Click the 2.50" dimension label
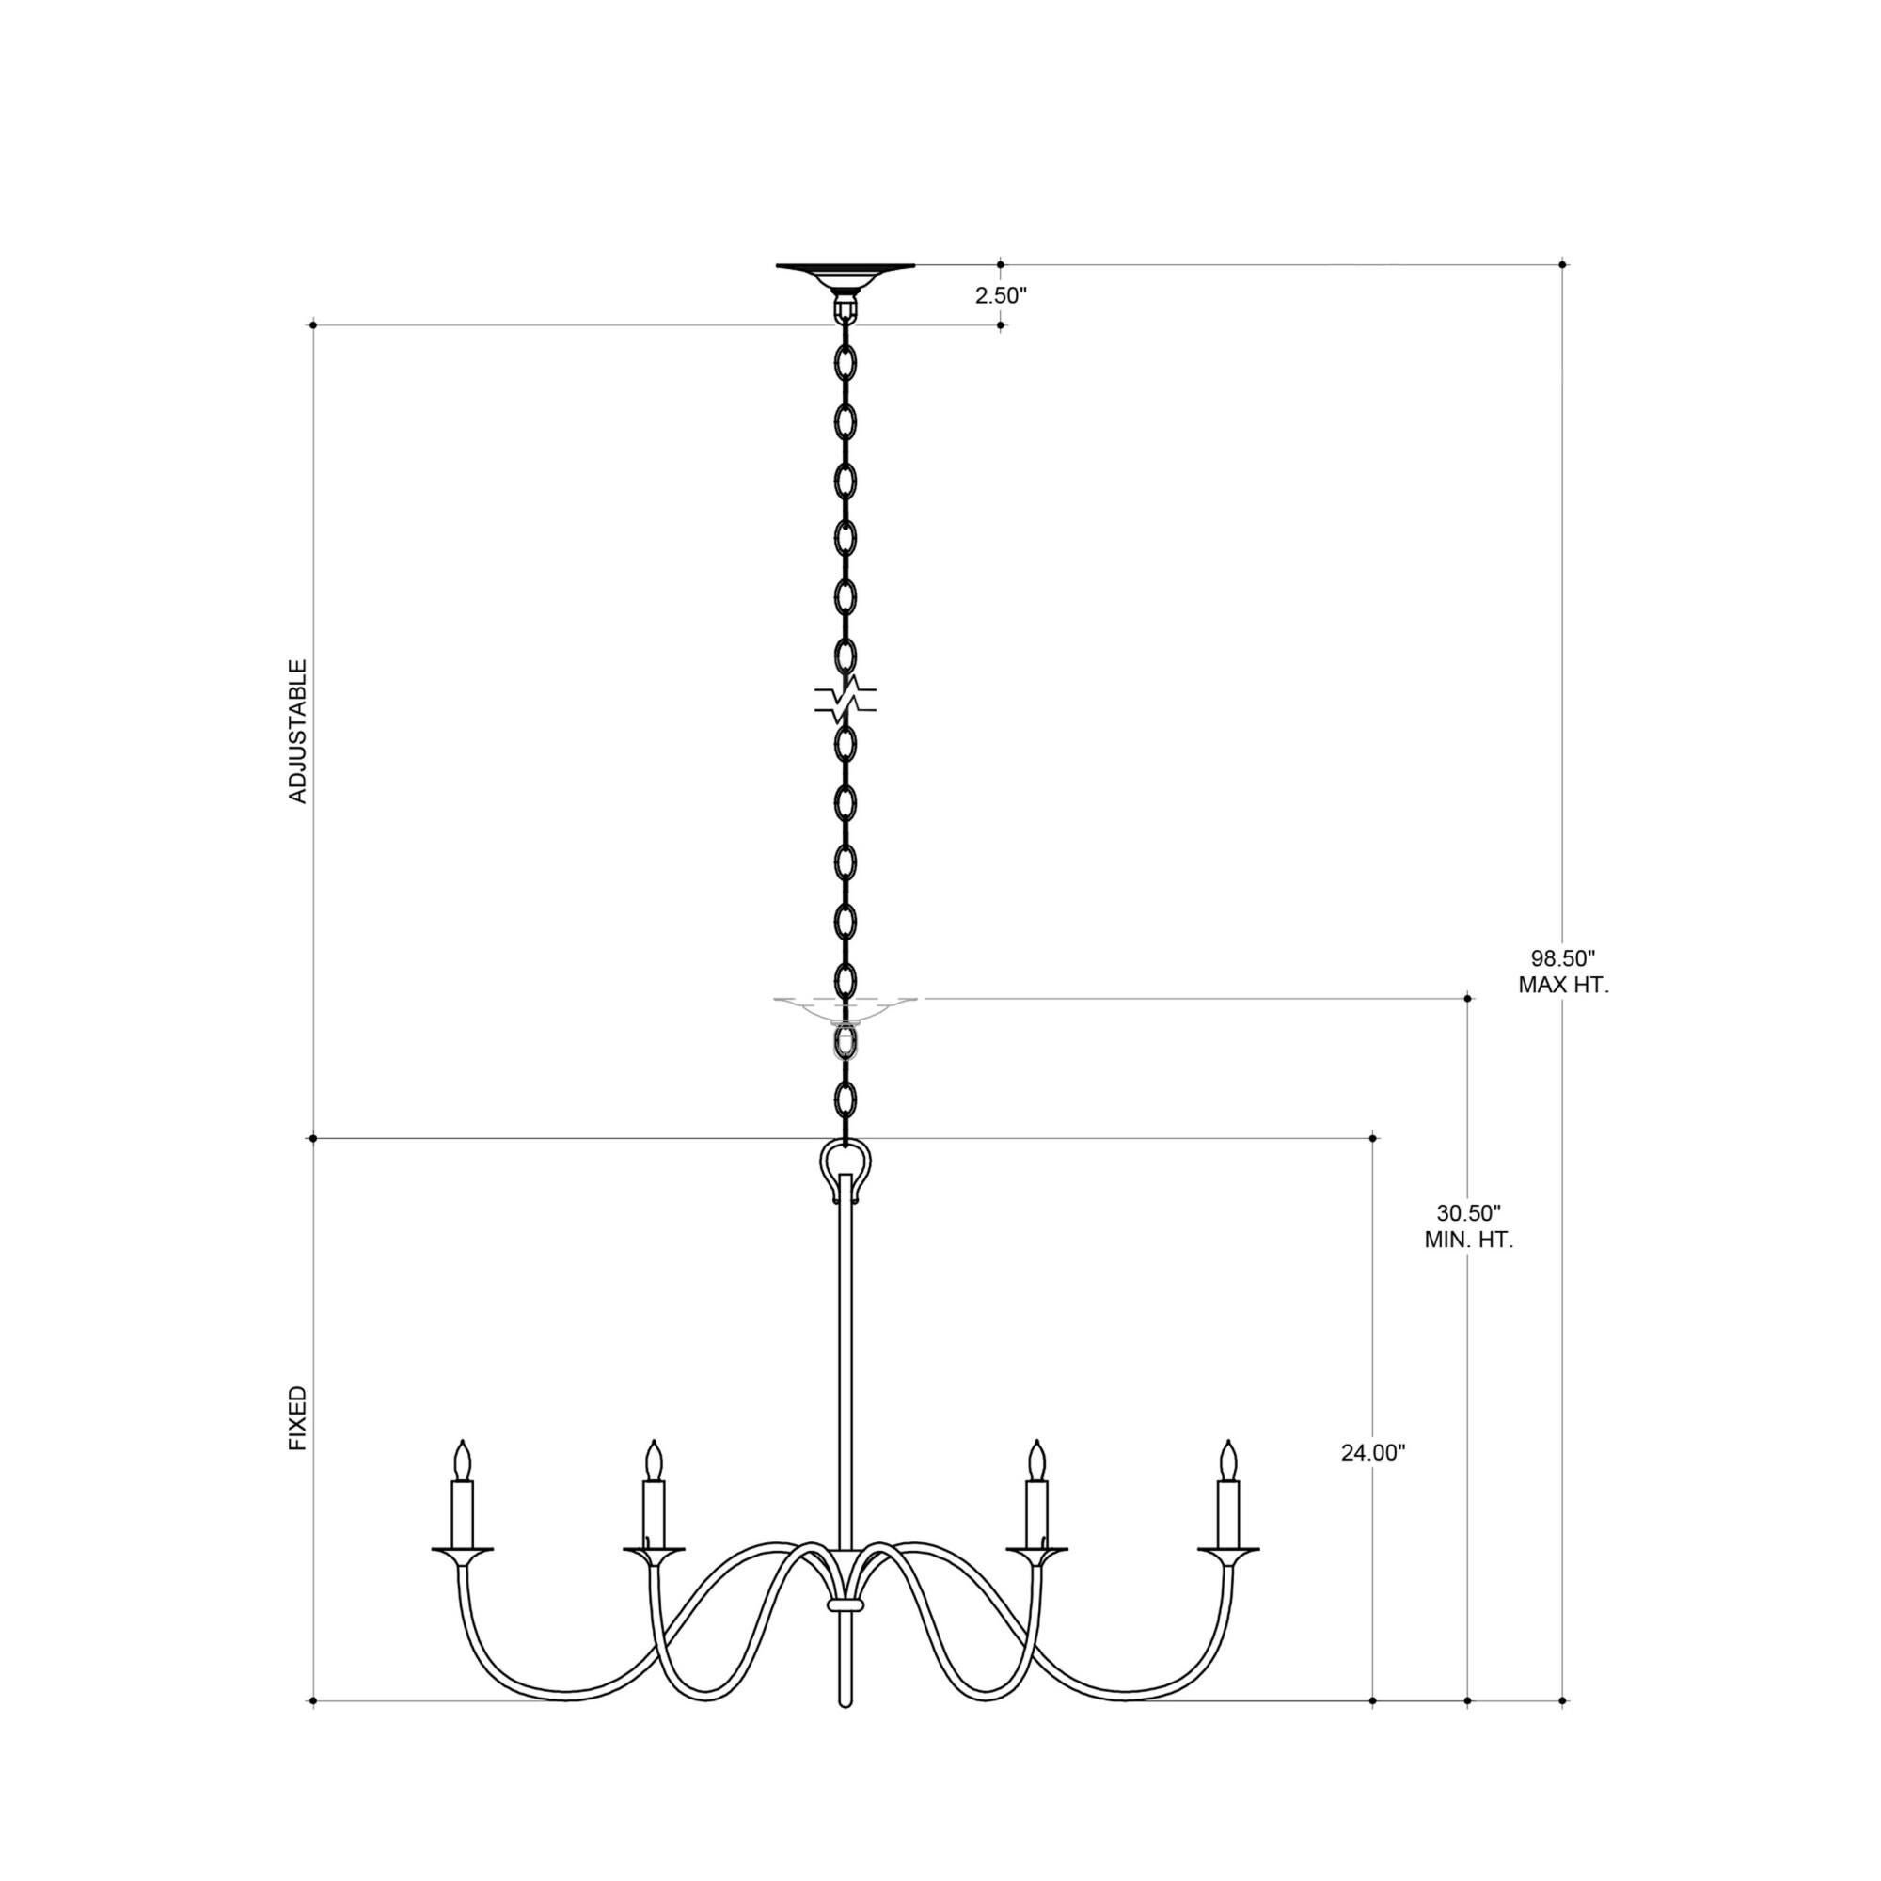click(x=1002, y=295)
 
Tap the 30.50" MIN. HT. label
click(x=1468, y=1226)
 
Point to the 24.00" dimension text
click(x=1373, y=1479)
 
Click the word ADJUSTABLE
click(x=298, y=731)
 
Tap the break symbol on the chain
click(x=846, y=699)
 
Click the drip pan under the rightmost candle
click(x=1228, y=1549)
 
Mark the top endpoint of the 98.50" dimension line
click(x=1562, y=264)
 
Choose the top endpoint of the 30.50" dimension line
click(x=1468, y=998)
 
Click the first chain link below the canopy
click(x=846, y=362)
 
